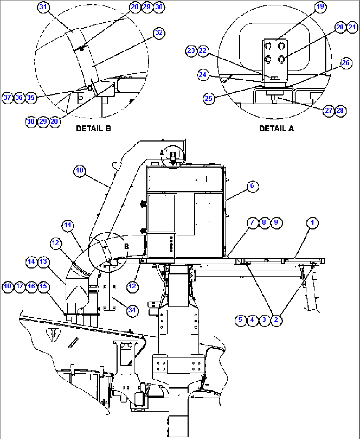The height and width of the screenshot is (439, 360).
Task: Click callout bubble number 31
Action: [x=43, y=7]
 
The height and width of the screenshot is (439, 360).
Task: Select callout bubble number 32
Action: [x=159, y=33]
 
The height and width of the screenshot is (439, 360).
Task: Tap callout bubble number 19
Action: [x=320, y=7]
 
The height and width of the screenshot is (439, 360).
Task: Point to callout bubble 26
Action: [x=346, y=63]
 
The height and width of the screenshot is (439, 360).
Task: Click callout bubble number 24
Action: [x=203, y=75]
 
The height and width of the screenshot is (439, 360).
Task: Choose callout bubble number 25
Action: [x=209, y=98]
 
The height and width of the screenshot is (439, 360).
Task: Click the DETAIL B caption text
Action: [x=93, y=128]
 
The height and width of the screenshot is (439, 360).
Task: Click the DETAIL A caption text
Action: [x=276, y=128]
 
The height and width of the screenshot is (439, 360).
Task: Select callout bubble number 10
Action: [x=80, y=171]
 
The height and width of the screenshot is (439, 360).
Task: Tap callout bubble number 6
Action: [x=252, y=186]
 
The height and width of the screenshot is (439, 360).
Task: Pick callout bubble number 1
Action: [x=312, y=223]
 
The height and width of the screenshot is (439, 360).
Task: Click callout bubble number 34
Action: [x=132, y=310]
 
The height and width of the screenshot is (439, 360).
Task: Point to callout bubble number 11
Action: [x=68, y=225]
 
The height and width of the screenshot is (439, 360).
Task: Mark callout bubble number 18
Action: [x=8, y=286]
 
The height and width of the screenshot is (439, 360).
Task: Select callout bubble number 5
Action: [x=240, y=320]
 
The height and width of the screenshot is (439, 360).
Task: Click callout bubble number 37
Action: [x=7, y=98]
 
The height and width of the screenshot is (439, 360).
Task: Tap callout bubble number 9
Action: [x=276, y=223]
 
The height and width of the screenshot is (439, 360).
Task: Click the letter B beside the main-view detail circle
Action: [x=126, y=246]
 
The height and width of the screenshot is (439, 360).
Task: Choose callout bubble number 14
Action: [x=31, y=262]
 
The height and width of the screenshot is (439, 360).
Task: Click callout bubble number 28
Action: [x=340, y=110]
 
